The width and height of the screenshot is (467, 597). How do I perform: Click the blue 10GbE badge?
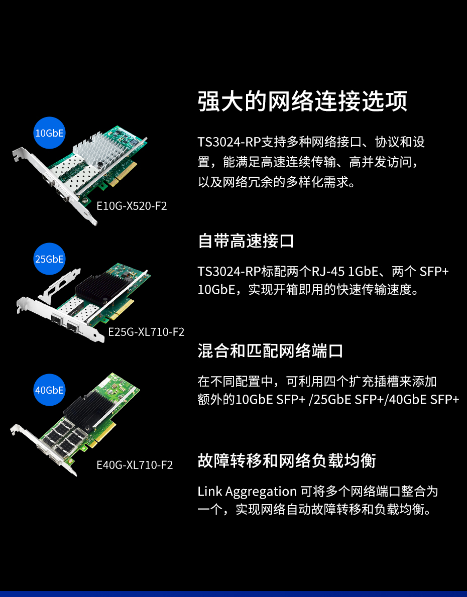pyautogui.click(x=49, y=133)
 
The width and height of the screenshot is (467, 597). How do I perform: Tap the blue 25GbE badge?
pyautogui.click(x=49, y=259)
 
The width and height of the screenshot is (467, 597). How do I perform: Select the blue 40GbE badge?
pyautogui.click(x=49, y=390)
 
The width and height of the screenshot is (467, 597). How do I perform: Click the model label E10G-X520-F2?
pyautogui.click(x=132, y=206)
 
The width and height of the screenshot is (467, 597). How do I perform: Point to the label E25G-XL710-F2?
pyautogui.click(x=146, y=332)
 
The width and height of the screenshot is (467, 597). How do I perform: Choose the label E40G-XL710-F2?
pyautogui.click(x=135, y=465)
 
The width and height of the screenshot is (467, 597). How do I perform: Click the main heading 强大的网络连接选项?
pyautogui.click(x=303, y=101)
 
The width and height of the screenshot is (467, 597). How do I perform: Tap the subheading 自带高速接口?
pyautogui.click(x=246, y=241)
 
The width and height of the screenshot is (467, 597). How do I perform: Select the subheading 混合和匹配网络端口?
pyautogui.click(x=271, y=350)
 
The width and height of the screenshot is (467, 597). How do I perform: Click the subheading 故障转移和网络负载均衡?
pyautogui.click(x=287, y=460)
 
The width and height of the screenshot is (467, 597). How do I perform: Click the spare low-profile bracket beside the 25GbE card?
pyautogui.click(x=59, y=286)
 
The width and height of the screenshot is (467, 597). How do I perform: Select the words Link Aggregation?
pyautogui.click(x=247, y=492)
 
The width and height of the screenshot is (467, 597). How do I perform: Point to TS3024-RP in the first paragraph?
pyautogui.click(x=229, y=142)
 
